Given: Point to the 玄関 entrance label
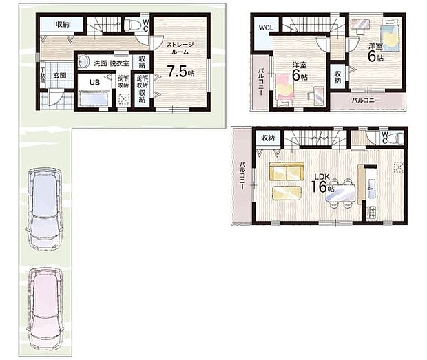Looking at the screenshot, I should [x=59, y=76].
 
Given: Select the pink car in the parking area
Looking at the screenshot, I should [x=45, y=303].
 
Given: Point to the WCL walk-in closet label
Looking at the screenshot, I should [x=265, y=28].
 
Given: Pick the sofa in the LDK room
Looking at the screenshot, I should [x=287, y=172].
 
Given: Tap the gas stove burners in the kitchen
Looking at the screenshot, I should [x=398, y=166].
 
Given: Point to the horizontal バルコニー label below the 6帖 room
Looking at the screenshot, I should [x=367, y=100].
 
